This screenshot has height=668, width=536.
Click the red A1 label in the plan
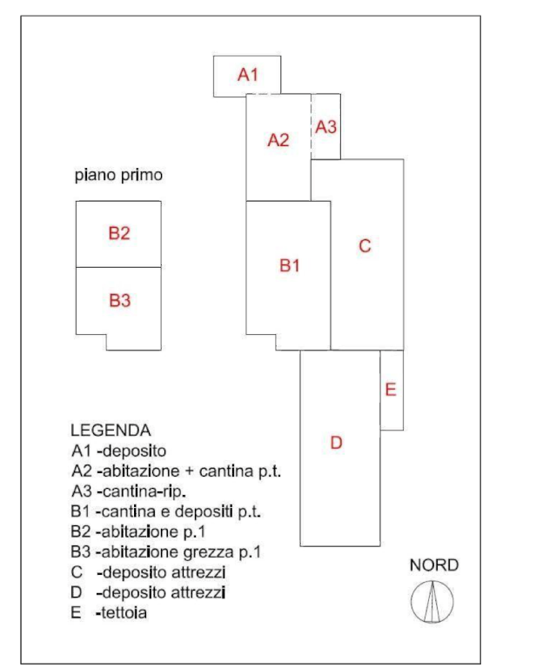pyautogui.click(x=249, y=75)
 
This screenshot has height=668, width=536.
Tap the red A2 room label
pyautogui.click(x=277, y=139)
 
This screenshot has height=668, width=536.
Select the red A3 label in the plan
pyautogui.click(x=325, y=127)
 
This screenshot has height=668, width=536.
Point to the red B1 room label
pyautogui.click(x=290, y=264)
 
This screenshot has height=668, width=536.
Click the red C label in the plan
pyautogui.click(x=365, y=246)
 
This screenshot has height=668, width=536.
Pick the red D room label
pyautogui.click(x=337, y=444)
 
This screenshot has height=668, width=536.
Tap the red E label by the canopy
pyautogui.click(x=391, y=389)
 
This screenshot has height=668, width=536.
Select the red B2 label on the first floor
pyautogui.click(x=119, y=233)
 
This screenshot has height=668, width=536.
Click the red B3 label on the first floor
pyautogui.click(x=119, y=301)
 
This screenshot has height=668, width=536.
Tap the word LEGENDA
pyautogui.click(x=110, y=430)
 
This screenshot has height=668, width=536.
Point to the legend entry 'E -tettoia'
pyautogui.click(x=109, y=613)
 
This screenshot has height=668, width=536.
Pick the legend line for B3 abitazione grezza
pyautogui.click(x=166, y=552)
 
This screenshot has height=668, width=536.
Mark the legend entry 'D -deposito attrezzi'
pyautogui.click(x=149, y=592)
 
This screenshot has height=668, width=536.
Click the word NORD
pyautogui.click(x=433, y=566)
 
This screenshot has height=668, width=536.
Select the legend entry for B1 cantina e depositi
pyautogui.click(x=165, y=511)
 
